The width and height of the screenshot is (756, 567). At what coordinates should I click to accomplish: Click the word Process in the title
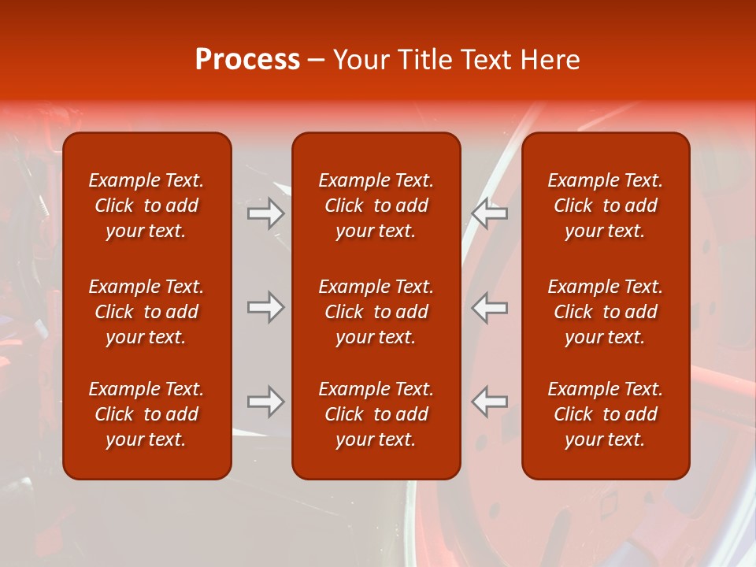[x=247, y=60]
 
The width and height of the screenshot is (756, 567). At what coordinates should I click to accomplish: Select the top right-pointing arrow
[x=266, y=214]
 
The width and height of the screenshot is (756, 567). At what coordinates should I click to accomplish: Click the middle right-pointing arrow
[x=266, y=307]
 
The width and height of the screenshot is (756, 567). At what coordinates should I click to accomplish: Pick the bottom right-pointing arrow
[x=266, y=402]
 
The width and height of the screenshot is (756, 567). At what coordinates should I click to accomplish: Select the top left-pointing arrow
[x=489, y=214]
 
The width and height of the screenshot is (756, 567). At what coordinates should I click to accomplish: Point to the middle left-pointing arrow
[x=489, y=307]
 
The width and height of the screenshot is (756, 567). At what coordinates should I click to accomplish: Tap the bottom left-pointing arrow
[x=489, y=402]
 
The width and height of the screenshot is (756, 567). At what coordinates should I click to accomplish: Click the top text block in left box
[x=146, y=206]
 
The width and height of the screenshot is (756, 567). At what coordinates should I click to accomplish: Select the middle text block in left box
[x=146, y=312]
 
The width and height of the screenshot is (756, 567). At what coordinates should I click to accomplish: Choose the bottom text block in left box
[x=146, y=414]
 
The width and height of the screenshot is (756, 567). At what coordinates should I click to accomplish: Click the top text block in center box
[x=376, y=206]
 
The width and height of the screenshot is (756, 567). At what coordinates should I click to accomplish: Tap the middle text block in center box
[x=376, y=312]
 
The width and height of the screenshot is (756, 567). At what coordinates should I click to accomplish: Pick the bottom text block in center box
[x=376, y=414]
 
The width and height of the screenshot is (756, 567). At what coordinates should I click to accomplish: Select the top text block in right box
[x=605, y=206]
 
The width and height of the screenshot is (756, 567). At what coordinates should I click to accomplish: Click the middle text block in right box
[x=605, y=312]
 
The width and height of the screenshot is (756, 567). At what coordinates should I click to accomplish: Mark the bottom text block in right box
[x=605, y=414]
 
